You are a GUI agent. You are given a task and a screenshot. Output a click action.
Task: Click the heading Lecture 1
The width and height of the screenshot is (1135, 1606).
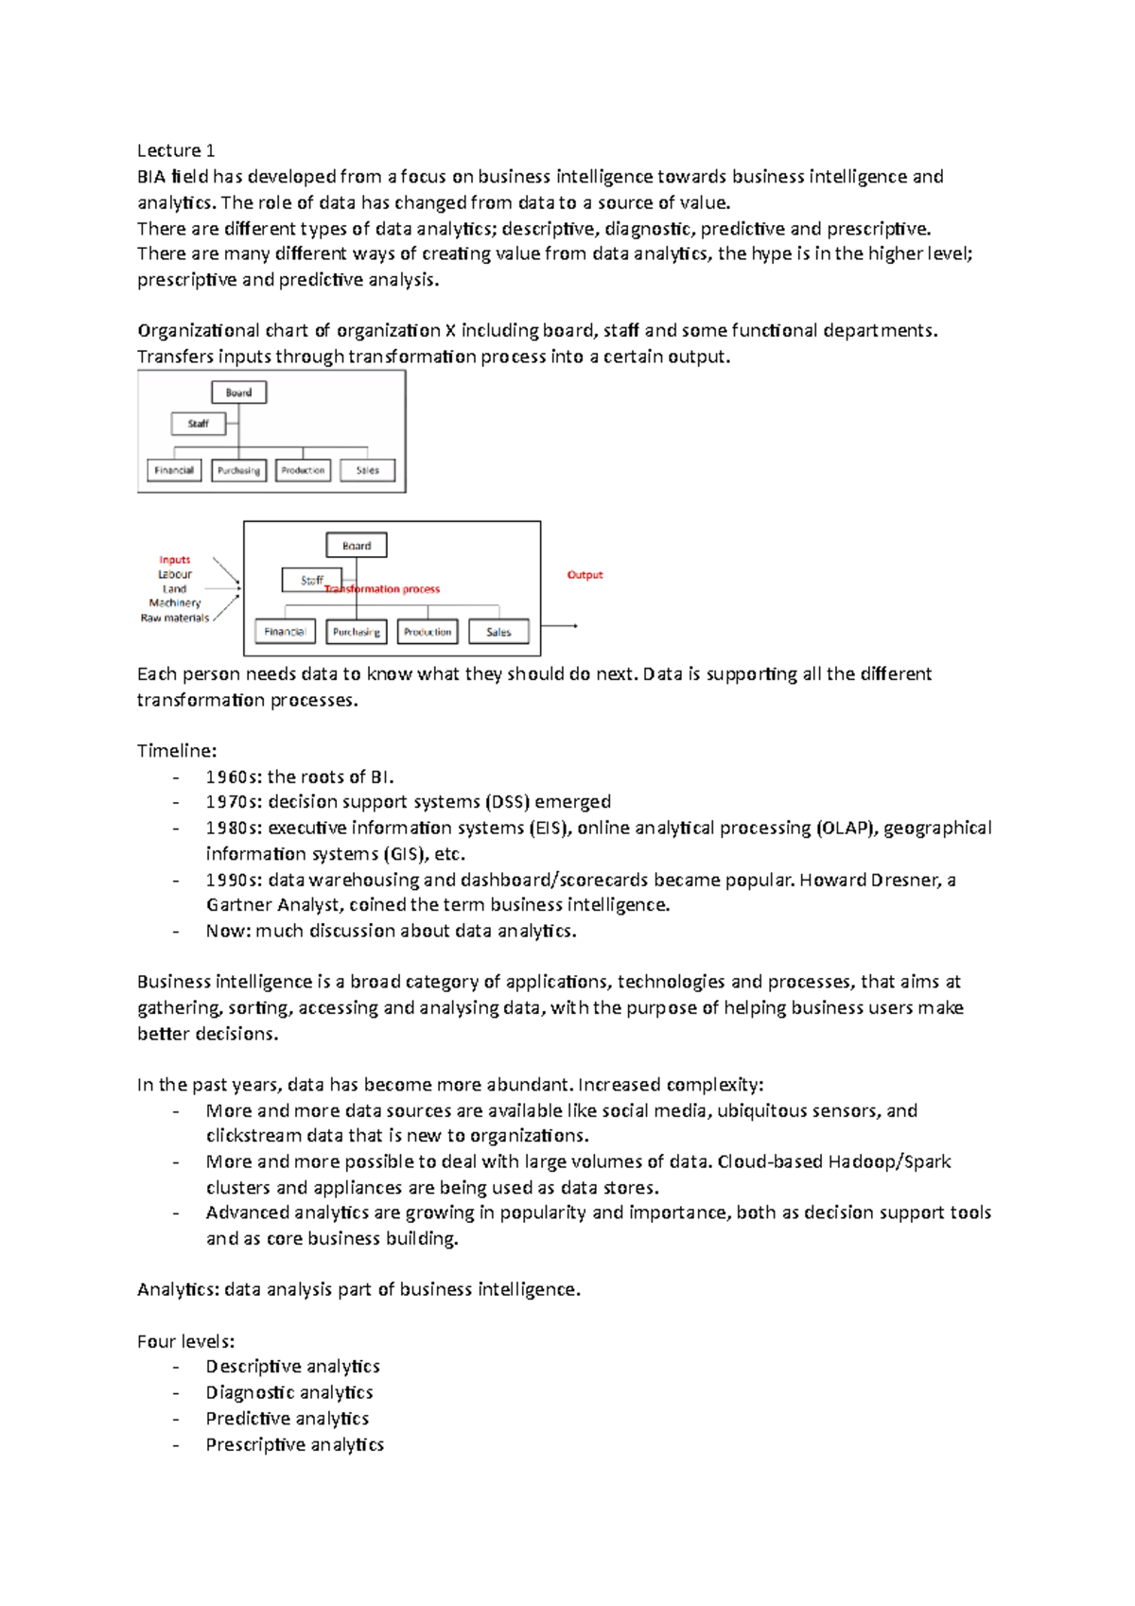tap(176, 150)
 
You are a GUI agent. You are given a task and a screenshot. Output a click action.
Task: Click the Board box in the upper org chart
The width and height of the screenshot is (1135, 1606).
tap(238, 393)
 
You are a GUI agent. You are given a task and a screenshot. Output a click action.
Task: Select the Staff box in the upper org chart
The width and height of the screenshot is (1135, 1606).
tap(198, 424)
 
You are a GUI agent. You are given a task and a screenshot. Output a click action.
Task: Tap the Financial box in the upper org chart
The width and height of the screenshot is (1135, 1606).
tap(174, 470)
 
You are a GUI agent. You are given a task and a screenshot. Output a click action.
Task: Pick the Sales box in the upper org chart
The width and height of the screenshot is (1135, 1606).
tap(367, 470)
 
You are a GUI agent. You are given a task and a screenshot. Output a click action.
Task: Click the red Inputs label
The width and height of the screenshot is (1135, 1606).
tap(175, 560)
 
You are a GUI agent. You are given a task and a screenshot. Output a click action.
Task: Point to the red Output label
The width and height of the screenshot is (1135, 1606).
tap(585, 575)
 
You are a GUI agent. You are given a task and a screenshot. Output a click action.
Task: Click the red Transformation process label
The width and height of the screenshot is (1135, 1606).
tap(383, 589)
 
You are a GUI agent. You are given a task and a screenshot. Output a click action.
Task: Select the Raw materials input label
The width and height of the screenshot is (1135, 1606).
tap(175, 619)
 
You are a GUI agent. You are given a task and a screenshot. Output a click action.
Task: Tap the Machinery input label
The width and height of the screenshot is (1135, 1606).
tap(175, 603)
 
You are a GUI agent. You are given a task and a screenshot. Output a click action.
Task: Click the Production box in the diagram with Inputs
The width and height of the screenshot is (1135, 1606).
tap(428, 632)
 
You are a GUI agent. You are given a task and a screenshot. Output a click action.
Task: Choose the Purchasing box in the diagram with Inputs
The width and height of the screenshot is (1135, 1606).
tap(357, 632)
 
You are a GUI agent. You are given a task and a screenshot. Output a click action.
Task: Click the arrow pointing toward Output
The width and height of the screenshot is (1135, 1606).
tap(561, 626)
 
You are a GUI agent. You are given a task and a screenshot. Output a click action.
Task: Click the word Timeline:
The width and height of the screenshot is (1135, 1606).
tap(177, 751)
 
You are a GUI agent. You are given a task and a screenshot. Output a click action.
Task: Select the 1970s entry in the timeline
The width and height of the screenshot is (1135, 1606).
tap(409, 802)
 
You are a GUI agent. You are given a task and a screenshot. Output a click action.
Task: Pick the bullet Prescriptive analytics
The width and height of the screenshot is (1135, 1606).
tap(295, 1445)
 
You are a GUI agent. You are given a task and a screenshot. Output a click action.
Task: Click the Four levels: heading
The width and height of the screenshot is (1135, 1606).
tap(185, 1341)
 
